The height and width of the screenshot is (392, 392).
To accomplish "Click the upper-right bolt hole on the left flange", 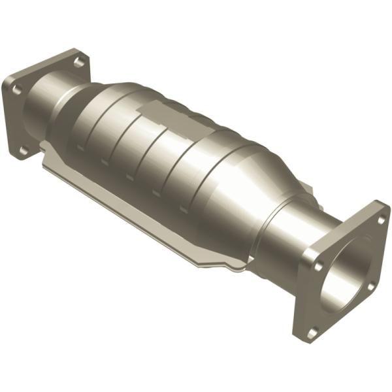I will pyautogui.click(x=78, y=62).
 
